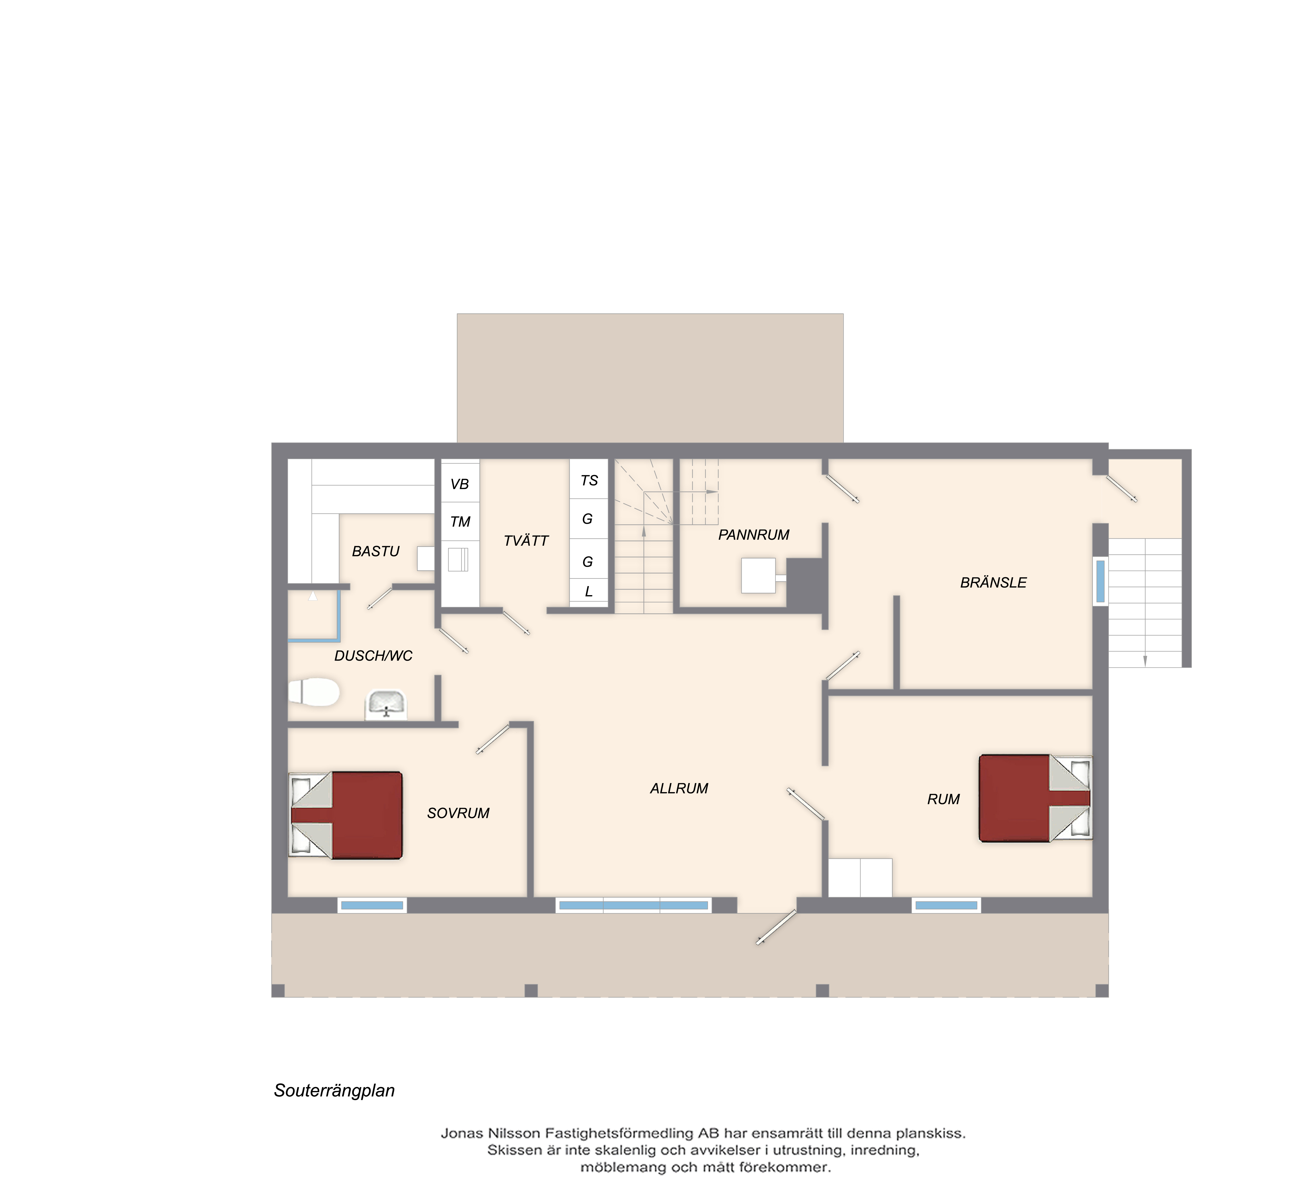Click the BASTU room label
pyautogui.click(x=375, y=551)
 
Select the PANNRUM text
pyautogui.click(x=754, y=535)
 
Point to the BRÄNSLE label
pyautogui.click(x=993, y=583)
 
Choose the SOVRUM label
pyautogui.click(x=458, y=813)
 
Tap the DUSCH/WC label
pyautogui.click(x=373, y=656)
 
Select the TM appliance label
pyautogui.click(x=460, y=521)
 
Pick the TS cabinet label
pyautogui.click(x=589, y=480)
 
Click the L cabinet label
pyautogui.click(x=589, y=592)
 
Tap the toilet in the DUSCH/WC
pyautogui.click(x=314, y=692)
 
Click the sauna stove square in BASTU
pyautogui.click(x=426, y=558)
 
